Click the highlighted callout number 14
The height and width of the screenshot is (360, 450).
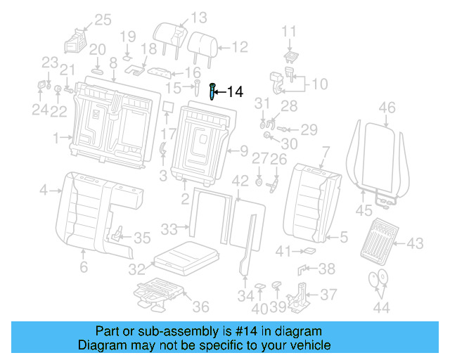235,91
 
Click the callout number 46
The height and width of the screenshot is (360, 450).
387,108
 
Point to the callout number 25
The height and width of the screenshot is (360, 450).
103,20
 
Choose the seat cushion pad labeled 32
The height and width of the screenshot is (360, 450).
184,256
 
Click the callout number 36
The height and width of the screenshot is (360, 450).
201,307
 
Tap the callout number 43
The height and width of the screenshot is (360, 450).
415,243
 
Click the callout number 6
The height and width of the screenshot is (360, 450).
83,267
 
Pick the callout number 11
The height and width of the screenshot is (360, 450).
290,30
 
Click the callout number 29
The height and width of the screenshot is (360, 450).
309,129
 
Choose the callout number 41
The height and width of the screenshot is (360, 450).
283,251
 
